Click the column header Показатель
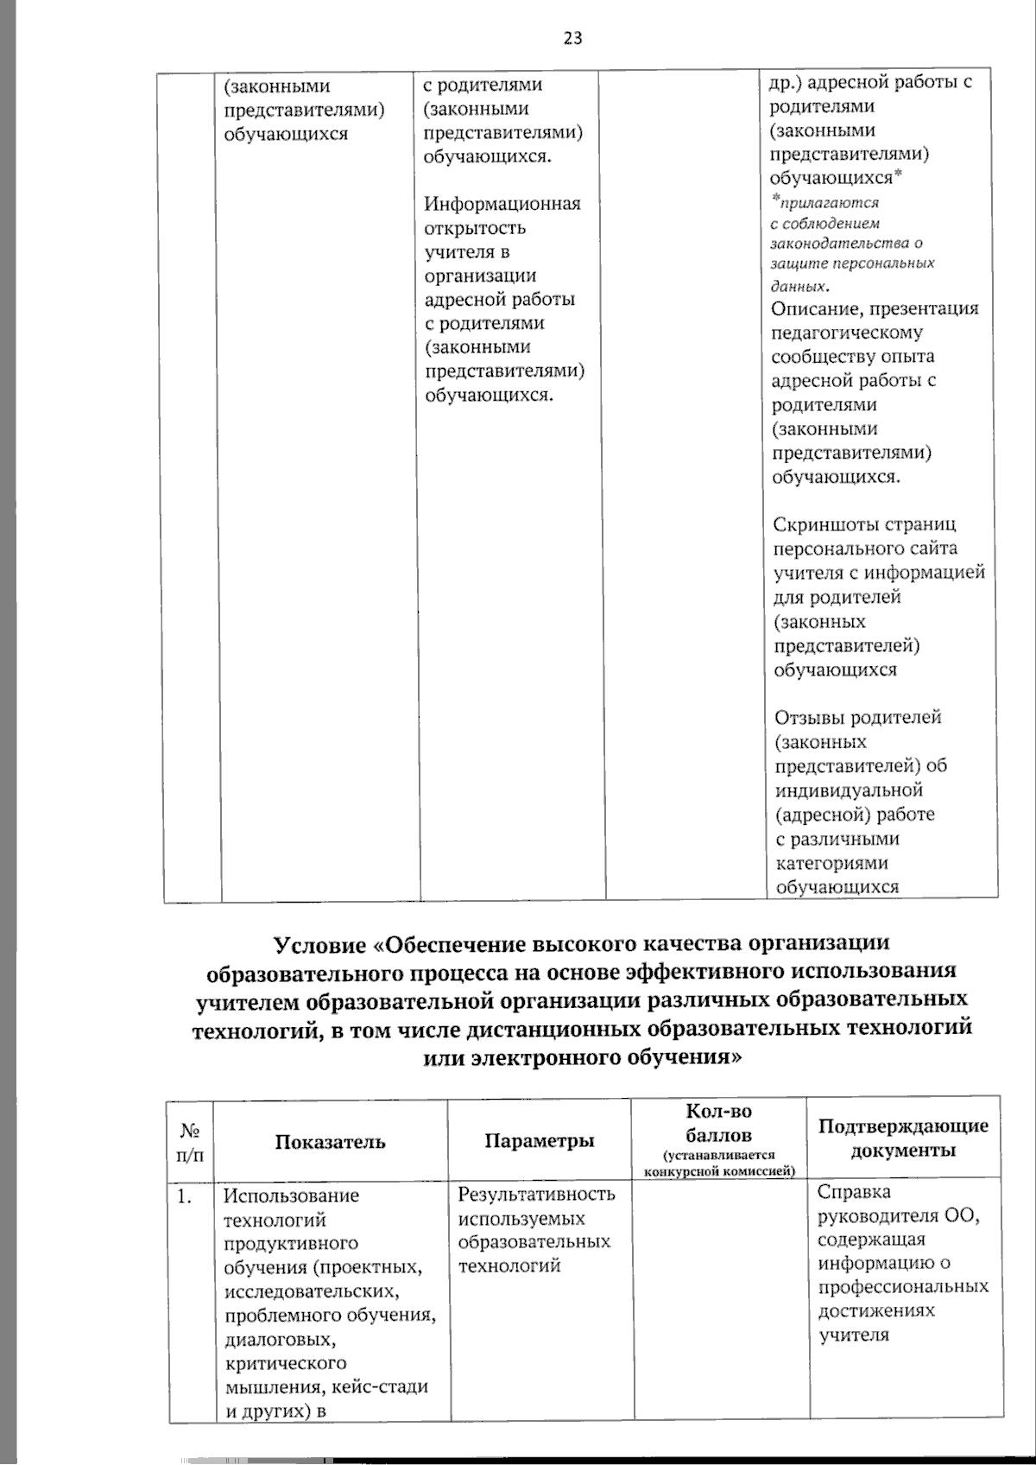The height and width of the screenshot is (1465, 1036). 330,1142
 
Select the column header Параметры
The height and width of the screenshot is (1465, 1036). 540,1140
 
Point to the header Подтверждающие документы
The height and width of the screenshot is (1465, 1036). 903,1138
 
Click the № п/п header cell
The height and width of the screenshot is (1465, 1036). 191,1142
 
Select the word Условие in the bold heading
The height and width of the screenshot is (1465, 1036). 323,943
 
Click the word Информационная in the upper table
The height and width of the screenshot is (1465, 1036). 502,204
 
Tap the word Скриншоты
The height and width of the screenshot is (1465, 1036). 821,525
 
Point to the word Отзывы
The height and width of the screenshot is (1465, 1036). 809,718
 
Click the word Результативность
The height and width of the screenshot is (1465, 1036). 536,1195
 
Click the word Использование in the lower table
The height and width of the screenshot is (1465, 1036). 291,1196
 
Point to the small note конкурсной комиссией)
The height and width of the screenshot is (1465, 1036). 718,1172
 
